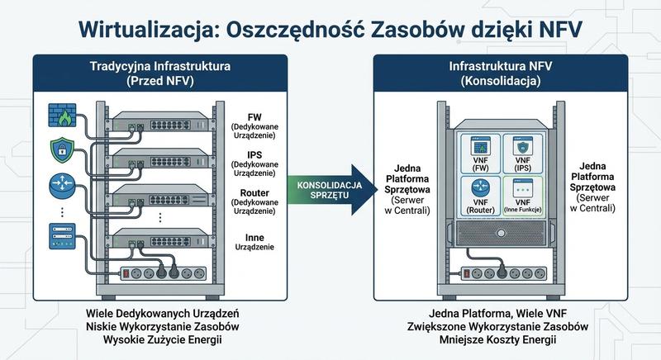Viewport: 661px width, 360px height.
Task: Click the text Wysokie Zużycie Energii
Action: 163,340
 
